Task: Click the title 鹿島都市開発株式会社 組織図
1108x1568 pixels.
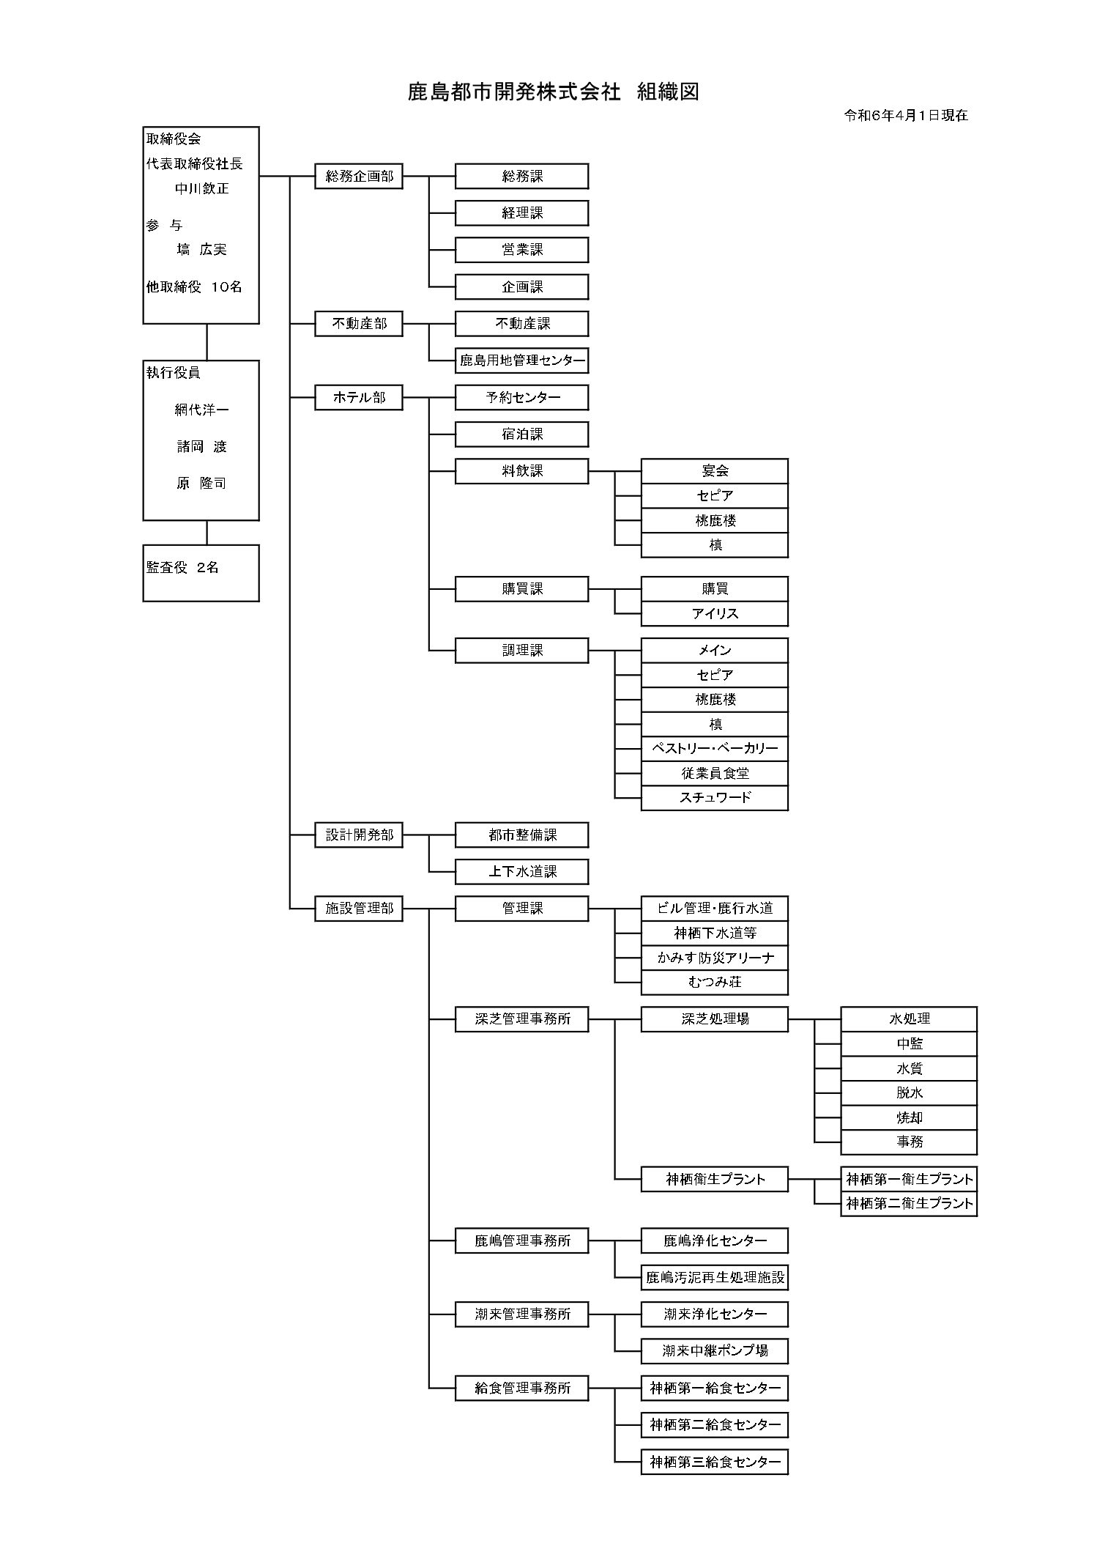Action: [553, 92]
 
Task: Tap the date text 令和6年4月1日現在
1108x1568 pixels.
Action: [906, 115]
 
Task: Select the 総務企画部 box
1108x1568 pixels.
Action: [359, 177]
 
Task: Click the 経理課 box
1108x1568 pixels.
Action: [521, 213]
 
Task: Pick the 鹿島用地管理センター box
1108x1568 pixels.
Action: [521, 360]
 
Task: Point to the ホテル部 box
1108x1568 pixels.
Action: [359, 397]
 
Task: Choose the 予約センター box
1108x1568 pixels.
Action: [521, 397]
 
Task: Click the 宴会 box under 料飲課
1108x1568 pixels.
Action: [714, 471]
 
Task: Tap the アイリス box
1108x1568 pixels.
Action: [714, 613]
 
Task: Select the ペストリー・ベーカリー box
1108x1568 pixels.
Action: [714, 749]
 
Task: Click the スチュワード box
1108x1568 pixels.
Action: [714, 797]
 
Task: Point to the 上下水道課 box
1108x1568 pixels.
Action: [521, 871]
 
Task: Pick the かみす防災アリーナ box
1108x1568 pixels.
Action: [714, 958]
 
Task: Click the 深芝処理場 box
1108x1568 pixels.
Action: [714, 1018]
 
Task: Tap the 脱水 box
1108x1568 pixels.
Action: [909, 1092]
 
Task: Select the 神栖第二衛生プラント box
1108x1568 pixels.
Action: [909, 1203]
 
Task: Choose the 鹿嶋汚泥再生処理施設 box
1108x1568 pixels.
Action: [714, 1278]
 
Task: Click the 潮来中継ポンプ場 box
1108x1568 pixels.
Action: [714, 1350]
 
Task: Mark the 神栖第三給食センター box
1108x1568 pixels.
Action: [714, 1462]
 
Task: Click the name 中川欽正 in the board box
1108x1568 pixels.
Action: [201, 188]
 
